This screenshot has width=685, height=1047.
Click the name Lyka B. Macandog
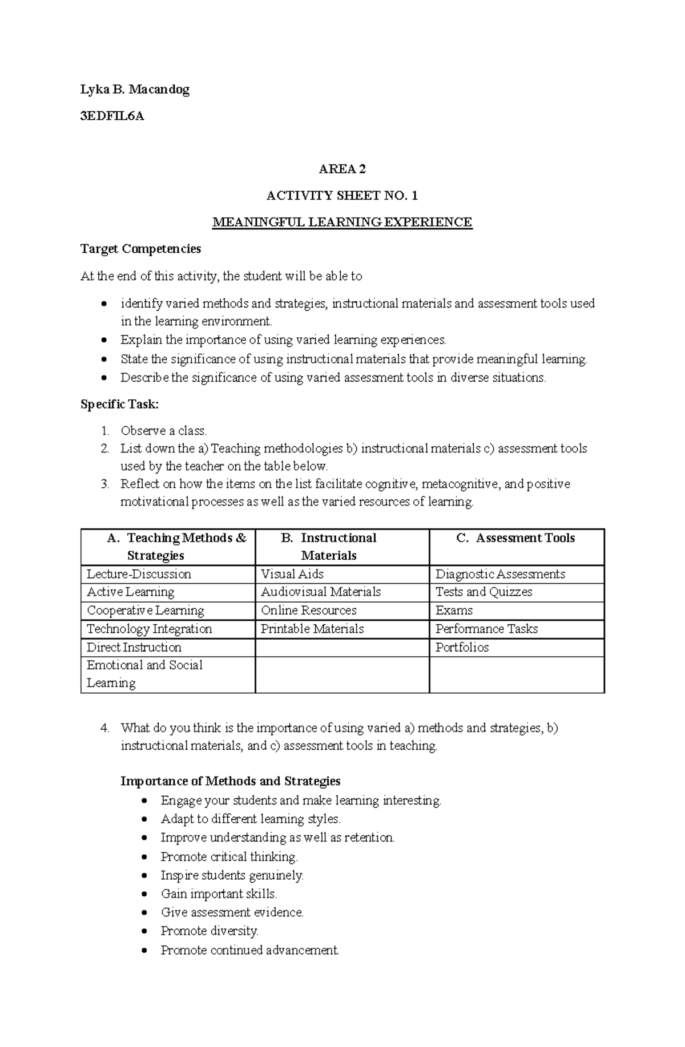[135, 90]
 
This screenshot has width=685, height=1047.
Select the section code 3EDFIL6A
[112, 116]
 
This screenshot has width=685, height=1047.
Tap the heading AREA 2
[342, 169]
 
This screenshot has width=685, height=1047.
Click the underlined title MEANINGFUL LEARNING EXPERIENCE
[342, 222]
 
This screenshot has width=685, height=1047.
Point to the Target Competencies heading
[140, 249]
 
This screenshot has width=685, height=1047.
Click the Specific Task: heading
[119, 404]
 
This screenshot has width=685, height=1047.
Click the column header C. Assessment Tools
[516, 538]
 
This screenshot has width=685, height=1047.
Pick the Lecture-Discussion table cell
[139, 574]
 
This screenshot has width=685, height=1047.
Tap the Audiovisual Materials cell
[321, 592]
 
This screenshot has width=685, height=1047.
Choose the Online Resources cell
[309, 611]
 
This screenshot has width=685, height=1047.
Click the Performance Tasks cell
[486, 629]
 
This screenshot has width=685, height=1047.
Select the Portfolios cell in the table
[462, 648]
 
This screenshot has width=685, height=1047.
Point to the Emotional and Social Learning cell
[144, 674]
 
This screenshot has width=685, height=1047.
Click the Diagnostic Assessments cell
[500, 574]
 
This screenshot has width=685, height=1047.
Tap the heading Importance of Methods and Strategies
[230, 781]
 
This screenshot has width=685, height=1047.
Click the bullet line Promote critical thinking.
[229, 856]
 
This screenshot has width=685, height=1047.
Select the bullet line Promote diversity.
[209, 931]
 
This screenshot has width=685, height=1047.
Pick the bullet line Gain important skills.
[219, 894]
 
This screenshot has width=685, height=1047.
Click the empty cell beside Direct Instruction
[342, 648]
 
